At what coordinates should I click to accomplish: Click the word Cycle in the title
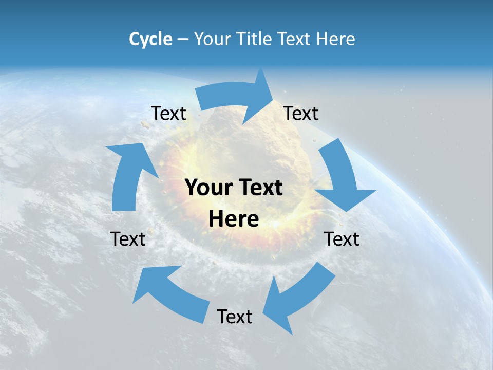click(150, 39)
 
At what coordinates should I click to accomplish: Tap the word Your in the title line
click(213, 39)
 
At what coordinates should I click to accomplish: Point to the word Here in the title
click(335, 39)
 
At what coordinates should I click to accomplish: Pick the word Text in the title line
click(294, 39)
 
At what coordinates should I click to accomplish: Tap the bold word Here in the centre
click(234, 219)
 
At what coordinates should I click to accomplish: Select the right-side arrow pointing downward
click(342, 177)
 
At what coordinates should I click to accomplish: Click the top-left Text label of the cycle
click(168, 114)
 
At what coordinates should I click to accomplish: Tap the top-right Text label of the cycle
click(301, 114)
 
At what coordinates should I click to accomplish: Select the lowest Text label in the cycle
click(235, 317)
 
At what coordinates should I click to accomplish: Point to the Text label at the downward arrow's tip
click(342, 239)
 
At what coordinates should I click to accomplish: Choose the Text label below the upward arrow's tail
click(128, 239)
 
